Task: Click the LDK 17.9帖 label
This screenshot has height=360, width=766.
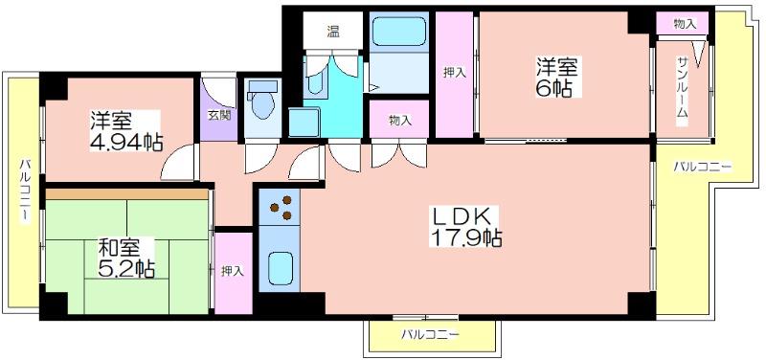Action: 465,227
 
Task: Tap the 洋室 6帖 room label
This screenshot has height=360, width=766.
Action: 557,78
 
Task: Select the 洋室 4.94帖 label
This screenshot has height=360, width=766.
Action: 125,131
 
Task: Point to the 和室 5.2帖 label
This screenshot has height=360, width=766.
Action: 126,258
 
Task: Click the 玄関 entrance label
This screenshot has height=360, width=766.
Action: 219,115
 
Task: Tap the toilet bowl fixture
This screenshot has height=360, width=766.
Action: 262,101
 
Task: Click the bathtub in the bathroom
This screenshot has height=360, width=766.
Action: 399,32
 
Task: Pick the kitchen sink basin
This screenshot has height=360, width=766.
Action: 280,265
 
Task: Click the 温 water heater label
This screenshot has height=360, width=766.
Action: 333,32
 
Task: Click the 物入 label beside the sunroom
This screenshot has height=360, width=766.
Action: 684,23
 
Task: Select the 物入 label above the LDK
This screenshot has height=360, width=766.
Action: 399,121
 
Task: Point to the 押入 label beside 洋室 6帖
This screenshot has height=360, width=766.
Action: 454,74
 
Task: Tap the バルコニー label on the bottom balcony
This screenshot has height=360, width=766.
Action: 430,335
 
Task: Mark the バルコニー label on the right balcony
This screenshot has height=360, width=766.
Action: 703,168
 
